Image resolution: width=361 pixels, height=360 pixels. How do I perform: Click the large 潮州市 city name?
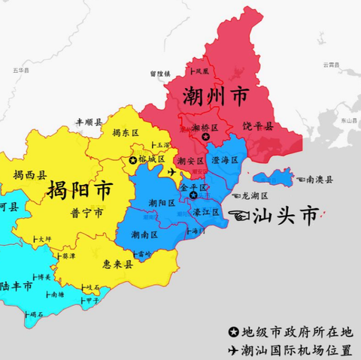pos(217,95)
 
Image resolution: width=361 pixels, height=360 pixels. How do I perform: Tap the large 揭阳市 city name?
pos(79,189)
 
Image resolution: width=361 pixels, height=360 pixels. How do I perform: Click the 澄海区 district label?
pos(225,160)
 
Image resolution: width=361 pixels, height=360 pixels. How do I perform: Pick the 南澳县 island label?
pos(319,180)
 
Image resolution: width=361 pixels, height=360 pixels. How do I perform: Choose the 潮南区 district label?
pos(144,234)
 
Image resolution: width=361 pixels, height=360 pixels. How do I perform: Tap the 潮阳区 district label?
pos(162,203)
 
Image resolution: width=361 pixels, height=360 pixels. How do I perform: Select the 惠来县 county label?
pos(118,264)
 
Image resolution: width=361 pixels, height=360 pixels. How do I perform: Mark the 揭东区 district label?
pos(126,133)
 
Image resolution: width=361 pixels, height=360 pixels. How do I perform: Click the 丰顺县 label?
pos(89,120)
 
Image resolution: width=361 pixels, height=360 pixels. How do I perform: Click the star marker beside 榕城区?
pos(133,160)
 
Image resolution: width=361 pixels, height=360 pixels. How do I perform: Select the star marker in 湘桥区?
pos(205,137)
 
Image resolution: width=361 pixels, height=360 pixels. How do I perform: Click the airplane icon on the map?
pos(172,172)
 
